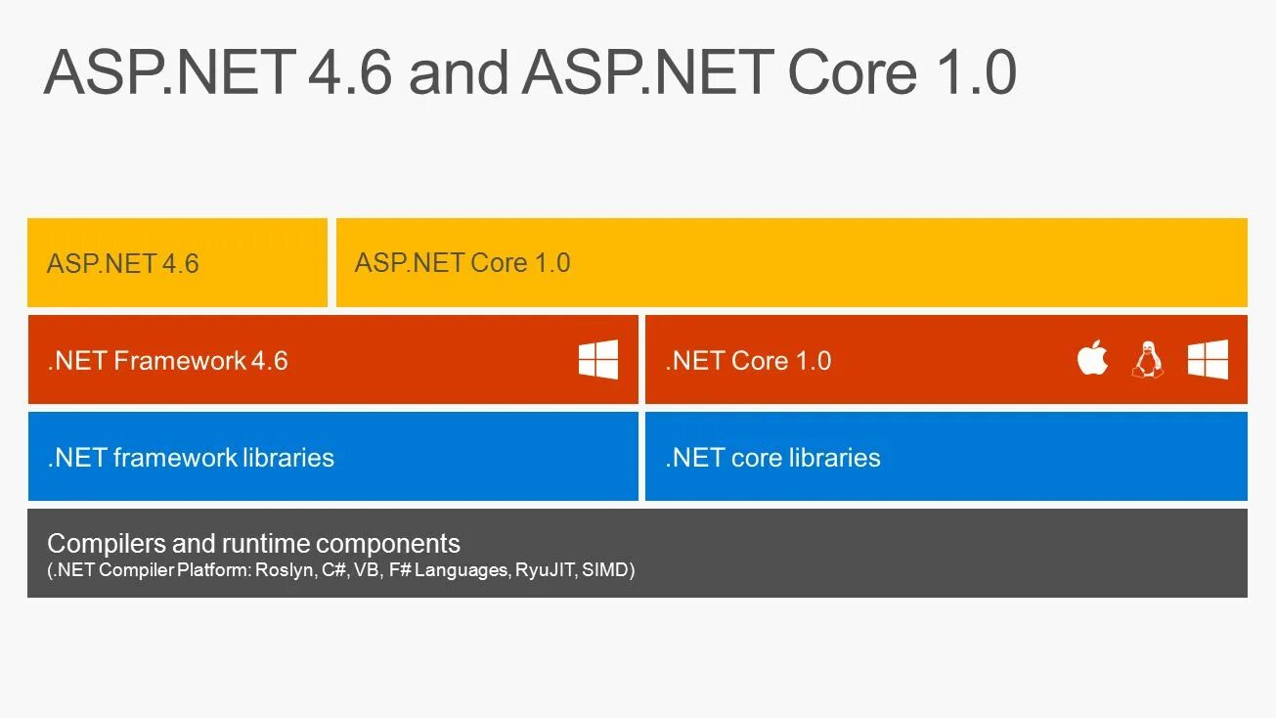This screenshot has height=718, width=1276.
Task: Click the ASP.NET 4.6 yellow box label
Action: click(x=122, y=263)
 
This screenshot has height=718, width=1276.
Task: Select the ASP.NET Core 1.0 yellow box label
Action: click(x=462, y=262)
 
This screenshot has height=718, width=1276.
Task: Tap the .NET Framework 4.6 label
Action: click(x=167, y=360)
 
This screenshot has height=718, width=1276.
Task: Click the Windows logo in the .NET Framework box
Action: click(x=597, y=360)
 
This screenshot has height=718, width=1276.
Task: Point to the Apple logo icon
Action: click(x=1092, y=359)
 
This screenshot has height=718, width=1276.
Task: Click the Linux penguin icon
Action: click(x=1148, y=360)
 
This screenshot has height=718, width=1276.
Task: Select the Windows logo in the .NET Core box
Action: click(x=1208, y=360)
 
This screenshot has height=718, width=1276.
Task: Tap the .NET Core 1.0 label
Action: click(x=748, y=360)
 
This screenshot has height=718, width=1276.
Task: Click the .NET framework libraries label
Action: click(x=191, y=457)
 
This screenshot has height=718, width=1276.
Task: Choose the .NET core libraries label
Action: click(x=772, y=457)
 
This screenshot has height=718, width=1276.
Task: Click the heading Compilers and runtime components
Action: click(x=253, y=543)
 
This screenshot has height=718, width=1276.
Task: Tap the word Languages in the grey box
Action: click(x=461, y=570)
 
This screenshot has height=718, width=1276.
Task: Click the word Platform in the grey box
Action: click(x=213, y=570)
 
